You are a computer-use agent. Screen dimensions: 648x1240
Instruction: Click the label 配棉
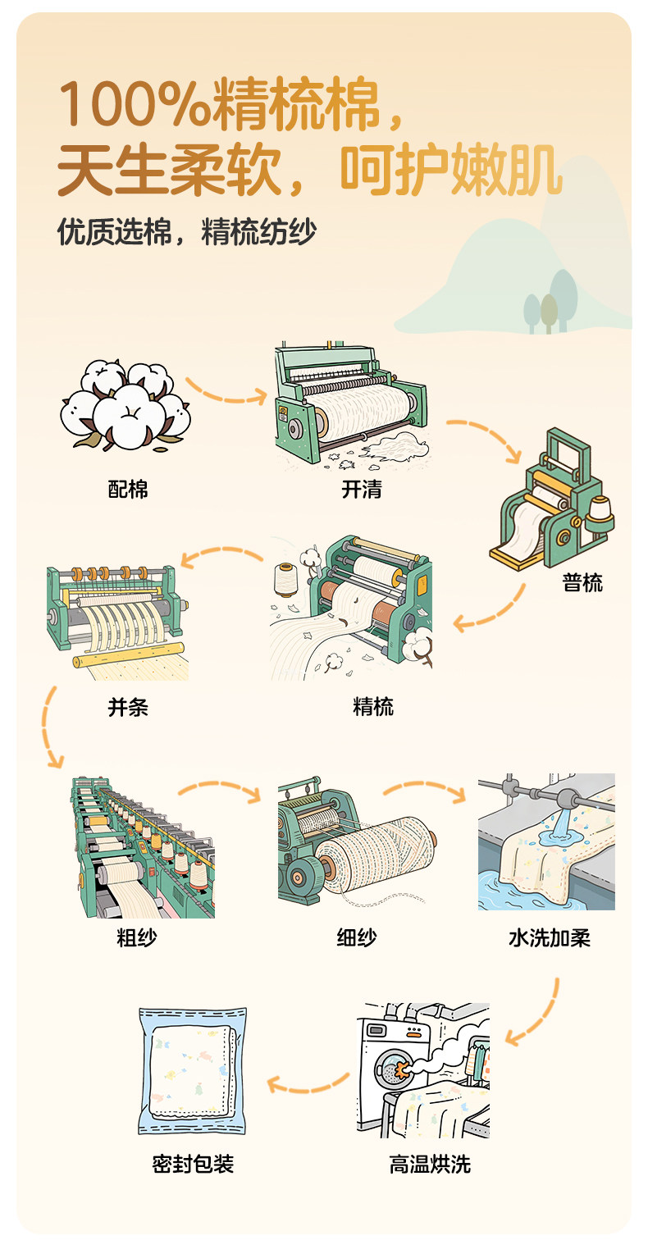128,490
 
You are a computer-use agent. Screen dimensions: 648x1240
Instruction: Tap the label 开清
362,490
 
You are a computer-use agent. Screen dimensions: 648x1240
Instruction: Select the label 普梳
582,583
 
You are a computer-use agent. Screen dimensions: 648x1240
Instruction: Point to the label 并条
128,707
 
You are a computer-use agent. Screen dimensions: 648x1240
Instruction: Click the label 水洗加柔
550,937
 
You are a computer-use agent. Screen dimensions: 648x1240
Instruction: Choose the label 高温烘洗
430,1165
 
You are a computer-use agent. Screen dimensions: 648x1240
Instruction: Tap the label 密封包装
193,1164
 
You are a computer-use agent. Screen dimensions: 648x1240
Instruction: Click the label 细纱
357,937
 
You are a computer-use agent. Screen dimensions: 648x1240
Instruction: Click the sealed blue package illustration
192,1071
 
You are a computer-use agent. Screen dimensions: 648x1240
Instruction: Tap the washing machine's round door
394,1070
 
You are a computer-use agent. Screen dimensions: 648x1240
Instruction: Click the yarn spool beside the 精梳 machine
285,580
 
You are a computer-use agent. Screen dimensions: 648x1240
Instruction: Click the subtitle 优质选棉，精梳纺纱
187,231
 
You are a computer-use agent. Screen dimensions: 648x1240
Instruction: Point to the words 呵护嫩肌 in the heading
451,170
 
